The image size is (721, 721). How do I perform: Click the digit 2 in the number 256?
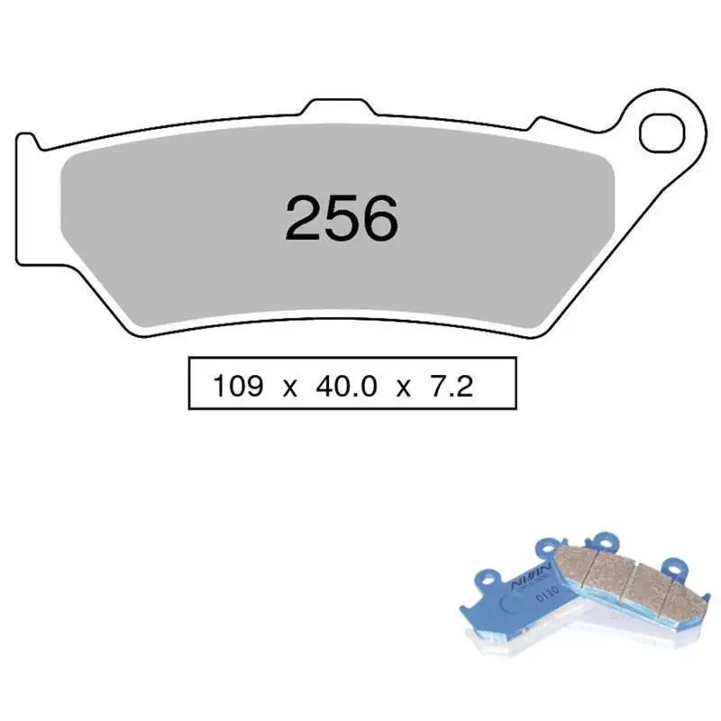click(304, 218)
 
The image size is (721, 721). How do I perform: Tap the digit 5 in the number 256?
click(342, 218)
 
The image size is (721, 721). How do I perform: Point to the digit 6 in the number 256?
click(379, 218)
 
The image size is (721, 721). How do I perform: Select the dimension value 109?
click(238, 387)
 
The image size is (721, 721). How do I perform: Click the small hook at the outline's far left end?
click(27, 141)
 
